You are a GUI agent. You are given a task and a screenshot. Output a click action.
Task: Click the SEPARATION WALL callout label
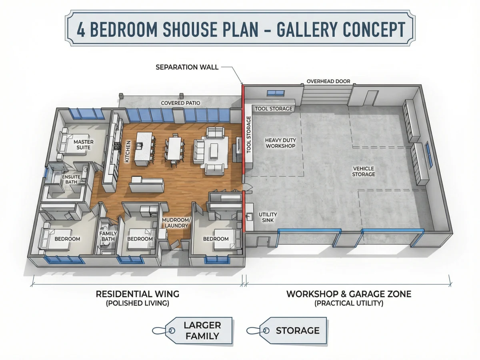[x=187, y=67]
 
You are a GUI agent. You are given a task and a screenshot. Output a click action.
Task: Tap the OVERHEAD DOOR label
[x=328, y=81]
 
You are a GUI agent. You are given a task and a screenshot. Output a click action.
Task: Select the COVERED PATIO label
[x=180, y=103]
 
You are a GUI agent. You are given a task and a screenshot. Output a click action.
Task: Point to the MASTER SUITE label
[x=84, y=145]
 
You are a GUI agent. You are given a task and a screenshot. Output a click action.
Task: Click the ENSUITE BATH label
[x=71, y=179]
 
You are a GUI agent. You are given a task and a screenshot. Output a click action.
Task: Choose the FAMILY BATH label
[x=108, y=236]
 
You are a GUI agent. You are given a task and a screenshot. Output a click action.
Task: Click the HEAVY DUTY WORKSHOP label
[x=280, y=143]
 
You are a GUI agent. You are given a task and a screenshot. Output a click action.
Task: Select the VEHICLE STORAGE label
[x=364, y=171]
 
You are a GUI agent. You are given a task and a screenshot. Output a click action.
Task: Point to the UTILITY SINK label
[x=268, y=217]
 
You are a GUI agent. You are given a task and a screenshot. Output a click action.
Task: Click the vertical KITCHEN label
[x=128, y=151]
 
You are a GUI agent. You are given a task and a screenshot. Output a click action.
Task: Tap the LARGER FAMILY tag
[x=192, y=331]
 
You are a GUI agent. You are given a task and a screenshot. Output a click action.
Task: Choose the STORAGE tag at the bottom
[x=287, y=330]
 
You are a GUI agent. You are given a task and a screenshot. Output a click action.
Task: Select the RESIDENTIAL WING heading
[x=138, y=294]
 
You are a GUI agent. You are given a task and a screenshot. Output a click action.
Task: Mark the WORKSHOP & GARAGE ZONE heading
[x=349, y=294]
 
